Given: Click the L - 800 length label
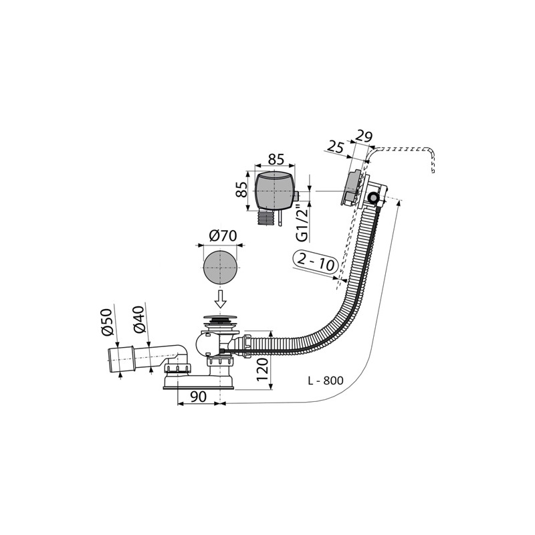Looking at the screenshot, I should [x=325, y=381].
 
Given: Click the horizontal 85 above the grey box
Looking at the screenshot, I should [x=276, y=159].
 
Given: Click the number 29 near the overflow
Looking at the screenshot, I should [x=364, y=136].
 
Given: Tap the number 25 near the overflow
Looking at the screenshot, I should [x=337, y=146].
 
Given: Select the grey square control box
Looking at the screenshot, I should [x=275, y=191].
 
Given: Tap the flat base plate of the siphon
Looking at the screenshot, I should [x=197, y=384].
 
